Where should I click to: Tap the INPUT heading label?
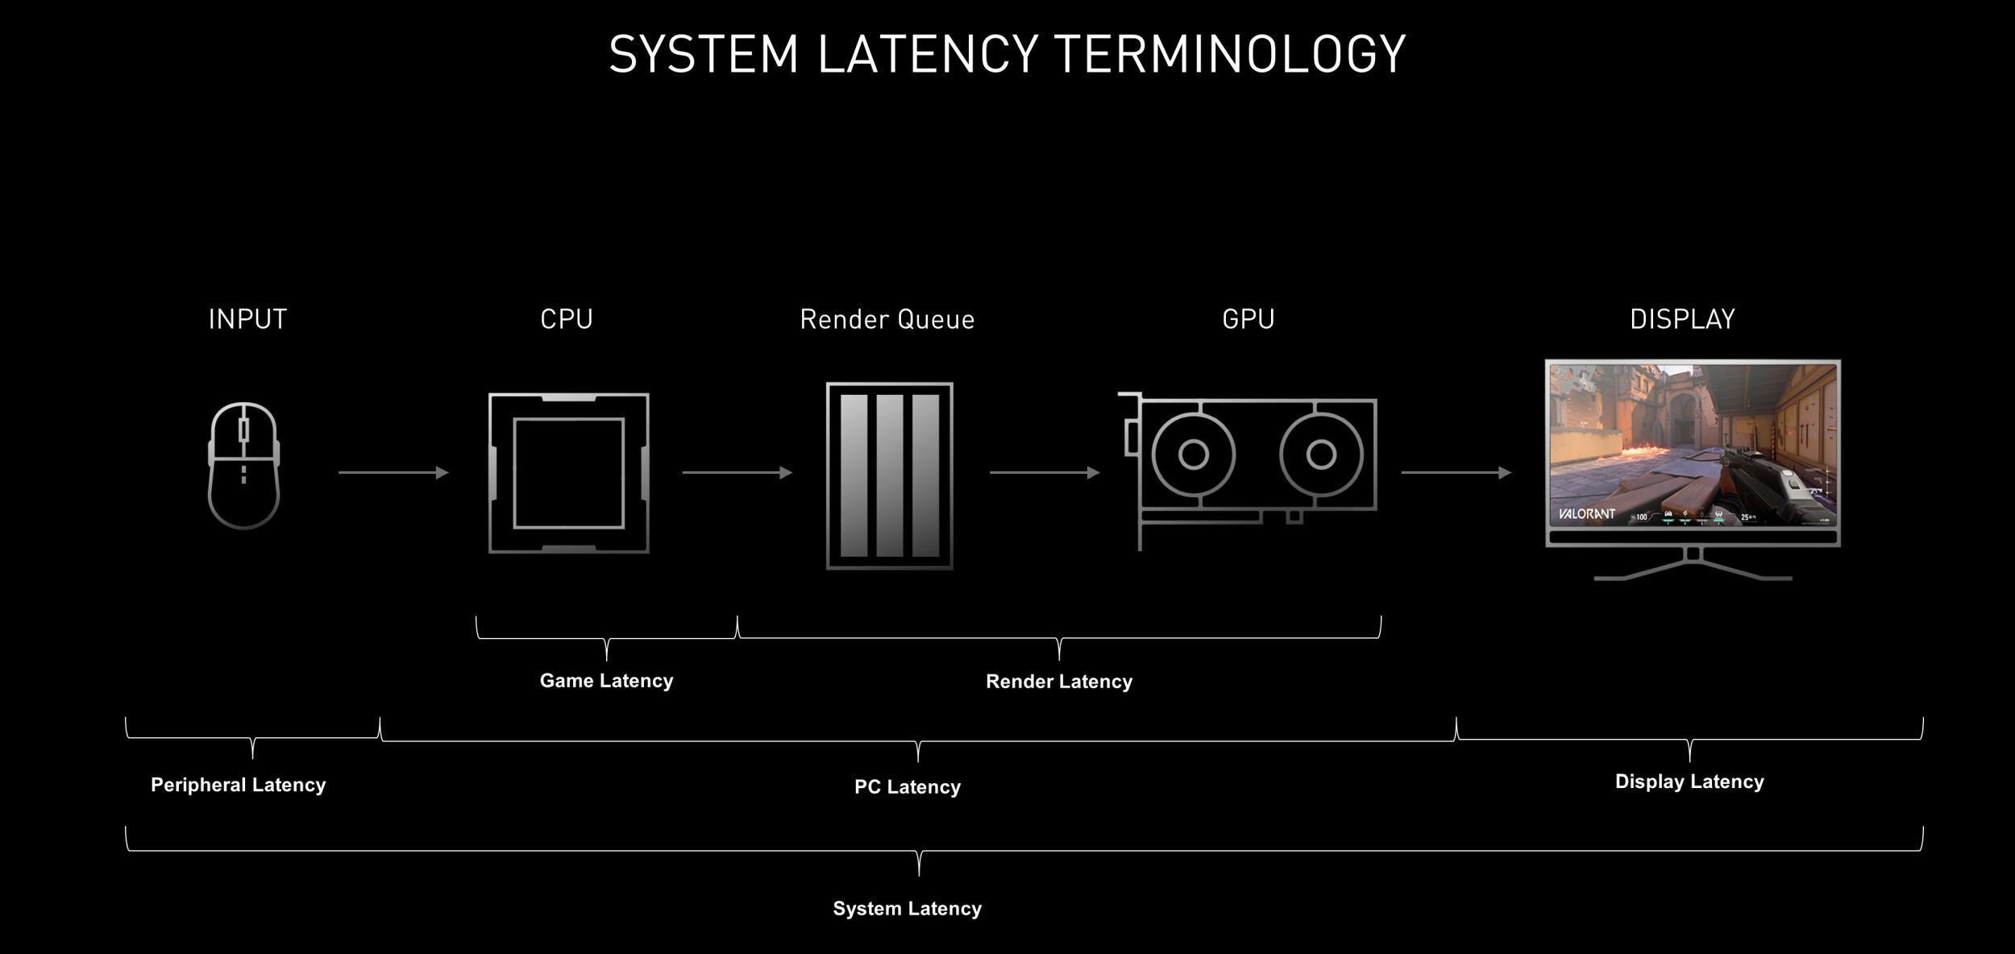point(247,319)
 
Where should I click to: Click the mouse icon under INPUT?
point(243,466)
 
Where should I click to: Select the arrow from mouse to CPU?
point(393,472)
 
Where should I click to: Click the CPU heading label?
point(567,319)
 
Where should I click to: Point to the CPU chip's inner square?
point(568,473)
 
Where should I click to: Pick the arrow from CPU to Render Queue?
point(737,472)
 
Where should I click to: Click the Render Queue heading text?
point(887,320)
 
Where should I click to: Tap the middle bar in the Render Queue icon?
point(889,475)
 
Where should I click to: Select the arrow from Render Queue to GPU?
point(1044,472)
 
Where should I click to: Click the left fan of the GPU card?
point(1193,454)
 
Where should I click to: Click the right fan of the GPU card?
point(1321,454)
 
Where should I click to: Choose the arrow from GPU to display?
point(1456,472)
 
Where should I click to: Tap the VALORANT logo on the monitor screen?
point(1585,513)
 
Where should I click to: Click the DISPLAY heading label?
point(1682,319)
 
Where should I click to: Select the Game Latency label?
point(606,681)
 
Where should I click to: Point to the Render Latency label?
point(1058,682)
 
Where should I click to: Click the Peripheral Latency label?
point(238,785)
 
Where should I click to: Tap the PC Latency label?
point(907,787)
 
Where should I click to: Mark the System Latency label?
point(907,909)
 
